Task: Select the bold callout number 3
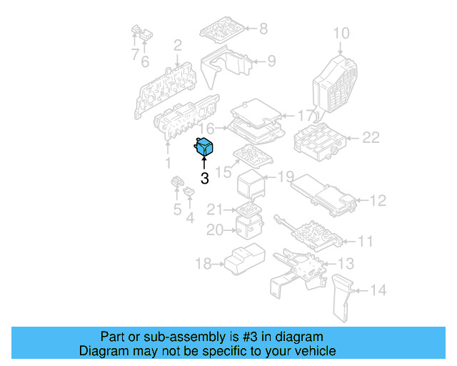pyautogui.click(x=204, y=179)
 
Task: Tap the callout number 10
pyautogui.click(x=341, y=33)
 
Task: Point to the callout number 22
pyautogui.click(x=371, y=137)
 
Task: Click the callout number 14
pyautogui.click(x=378, y=290)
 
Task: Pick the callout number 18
pyautogui.click(x=204, y=264)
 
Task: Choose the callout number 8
pyautogui.click(x=263, y=29)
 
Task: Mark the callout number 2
pyautogui.click(x=177, y=45)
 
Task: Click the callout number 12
pyautogui.click(x=378, y=201)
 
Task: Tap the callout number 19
pyautogui.click(x=286, y=177)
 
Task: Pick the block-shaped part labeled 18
pyautogui.click(x=243, y=259)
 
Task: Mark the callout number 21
pyautogui.click(x=215, y=209)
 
